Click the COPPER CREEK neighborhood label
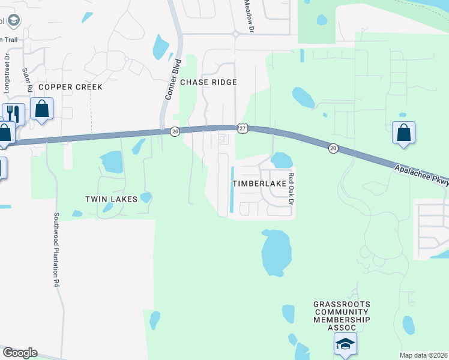[70, 87]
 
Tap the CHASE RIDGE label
[208, 82]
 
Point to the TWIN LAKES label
[111, 199]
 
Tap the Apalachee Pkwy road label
[421, 176]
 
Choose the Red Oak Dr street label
[291, 188]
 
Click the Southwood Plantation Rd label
[57, 248]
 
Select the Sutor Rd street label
[28, 79]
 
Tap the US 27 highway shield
[242, 128]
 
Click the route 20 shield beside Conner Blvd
[174, 131]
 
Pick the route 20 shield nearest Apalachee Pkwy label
[333, 148]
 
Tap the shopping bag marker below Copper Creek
[42, 110]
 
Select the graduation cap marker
[345, 344]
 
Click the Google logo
[20, 353]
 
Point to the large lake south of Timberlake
[276, 252]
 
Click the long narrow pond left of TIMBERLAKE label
[232, 188]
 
